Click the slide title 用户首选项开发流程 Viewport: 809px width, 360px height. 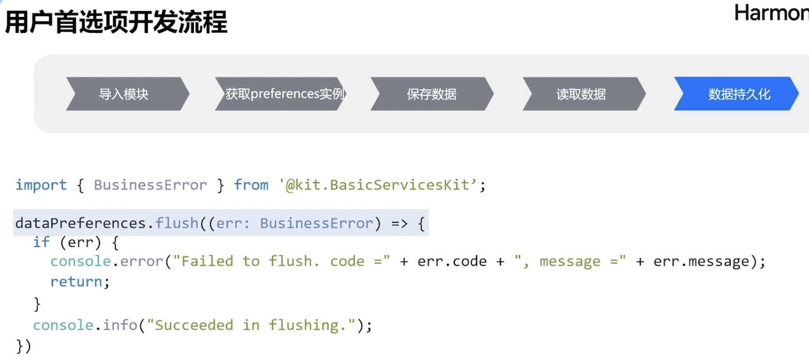pyautogui.click(x=116, y=23)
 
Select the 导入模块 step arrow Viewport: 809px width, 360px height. pyautogui.click(x=124, y=94)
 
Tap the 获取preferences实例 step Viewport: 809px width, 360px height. pyautogui.click(x=284, y=94)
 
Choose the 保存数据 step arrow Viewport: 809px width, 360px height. pyautogui.click(x=432, y=94)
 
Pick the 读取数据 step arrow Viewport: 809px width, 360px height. pyautogui.click(x=581, y=94)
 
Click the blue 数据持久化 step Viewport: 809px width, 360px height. pyautogui.click(x=739, y=94)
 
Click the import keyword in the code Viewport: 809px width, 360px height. pyautogui.click(x=41, y=185)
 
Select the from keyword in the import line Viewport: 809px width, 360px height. pyautogui.click(x=251, y=185)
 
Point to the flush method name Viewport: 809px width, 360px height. pyautogui.click(x=177, y=223)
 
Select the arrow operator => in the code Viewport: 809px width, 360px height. pyautogui.click(x=399, y=223)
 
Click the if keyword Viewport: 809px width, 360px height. pyautogui.click(x=41, y=242)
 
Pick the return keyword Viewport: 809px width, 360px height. pyautogui.click(x=76, y=282)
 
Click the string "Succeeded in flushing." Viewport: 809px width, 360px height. pyautogui.click(x=251, y=325)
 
